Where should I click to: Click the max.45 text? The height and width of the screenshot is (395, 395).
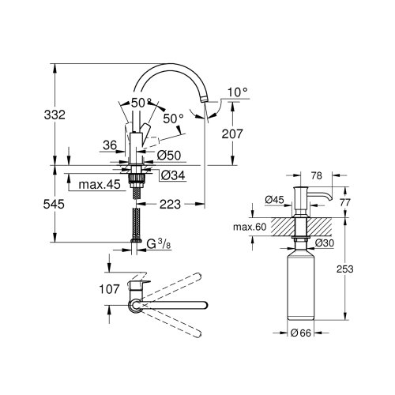[x=100, y=185]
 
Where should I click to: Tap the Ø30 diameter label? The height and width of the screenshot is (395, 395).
[x=325, y=242]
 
